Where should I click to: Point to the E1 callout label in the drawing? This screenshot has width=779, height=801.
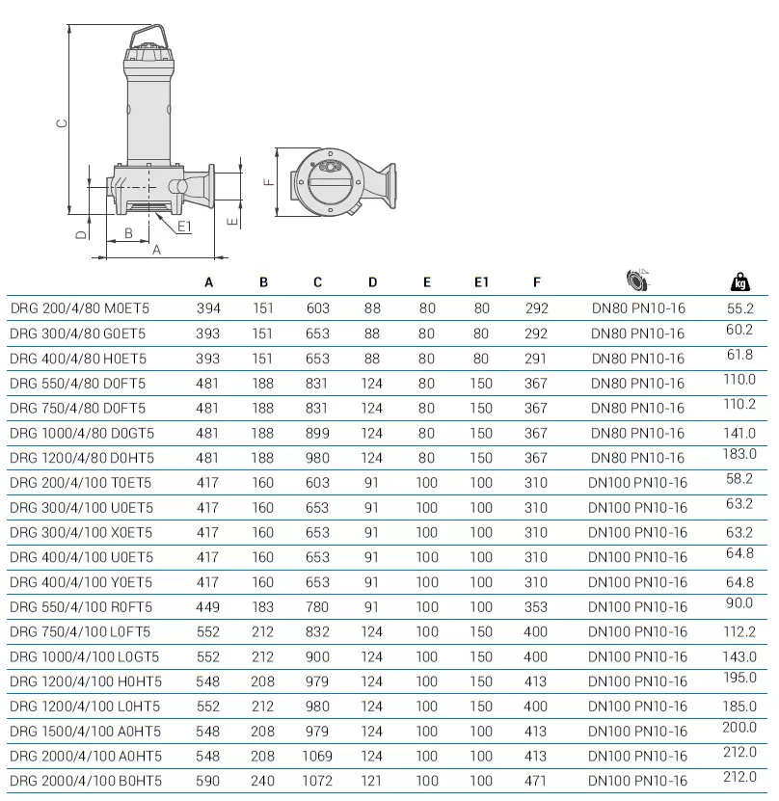184,227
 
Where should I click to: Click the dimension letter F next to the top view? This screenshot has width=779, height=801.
269,180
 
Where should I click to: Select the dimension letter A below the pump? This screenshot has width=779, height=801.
157,249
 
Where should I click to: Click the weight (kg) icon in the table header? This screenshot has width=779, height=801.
739,281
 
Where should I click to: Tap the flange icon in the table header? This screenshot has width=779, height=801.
637,280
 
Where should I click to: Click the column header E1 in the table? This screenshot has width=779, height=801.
481,282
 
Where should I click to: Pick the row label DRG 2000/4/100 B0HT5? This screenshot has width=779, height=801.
86,781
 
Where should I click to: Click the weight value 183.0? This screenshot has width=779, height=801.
739,453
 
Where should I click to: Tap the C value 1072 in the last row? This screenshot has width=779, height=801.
317,781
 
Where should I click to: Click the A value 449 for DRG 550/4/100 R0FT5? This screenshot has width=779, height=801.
208,607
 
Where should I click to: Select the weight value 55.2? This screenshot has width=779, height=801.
739,308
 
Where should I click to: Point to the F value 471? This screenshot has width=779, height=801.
536,781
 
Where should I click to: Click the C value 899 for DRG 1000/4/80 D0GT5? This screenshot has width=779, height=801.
317,433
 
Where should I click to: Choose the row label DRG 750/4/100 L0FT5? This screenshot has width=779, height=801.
80,631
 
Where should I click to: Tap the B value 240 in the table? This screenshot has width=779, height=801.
263,781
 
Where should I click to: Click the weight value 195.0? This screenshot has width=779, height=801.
739,678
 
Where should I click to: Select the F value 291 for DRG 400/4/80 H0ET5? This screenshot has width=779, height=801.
536,359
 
